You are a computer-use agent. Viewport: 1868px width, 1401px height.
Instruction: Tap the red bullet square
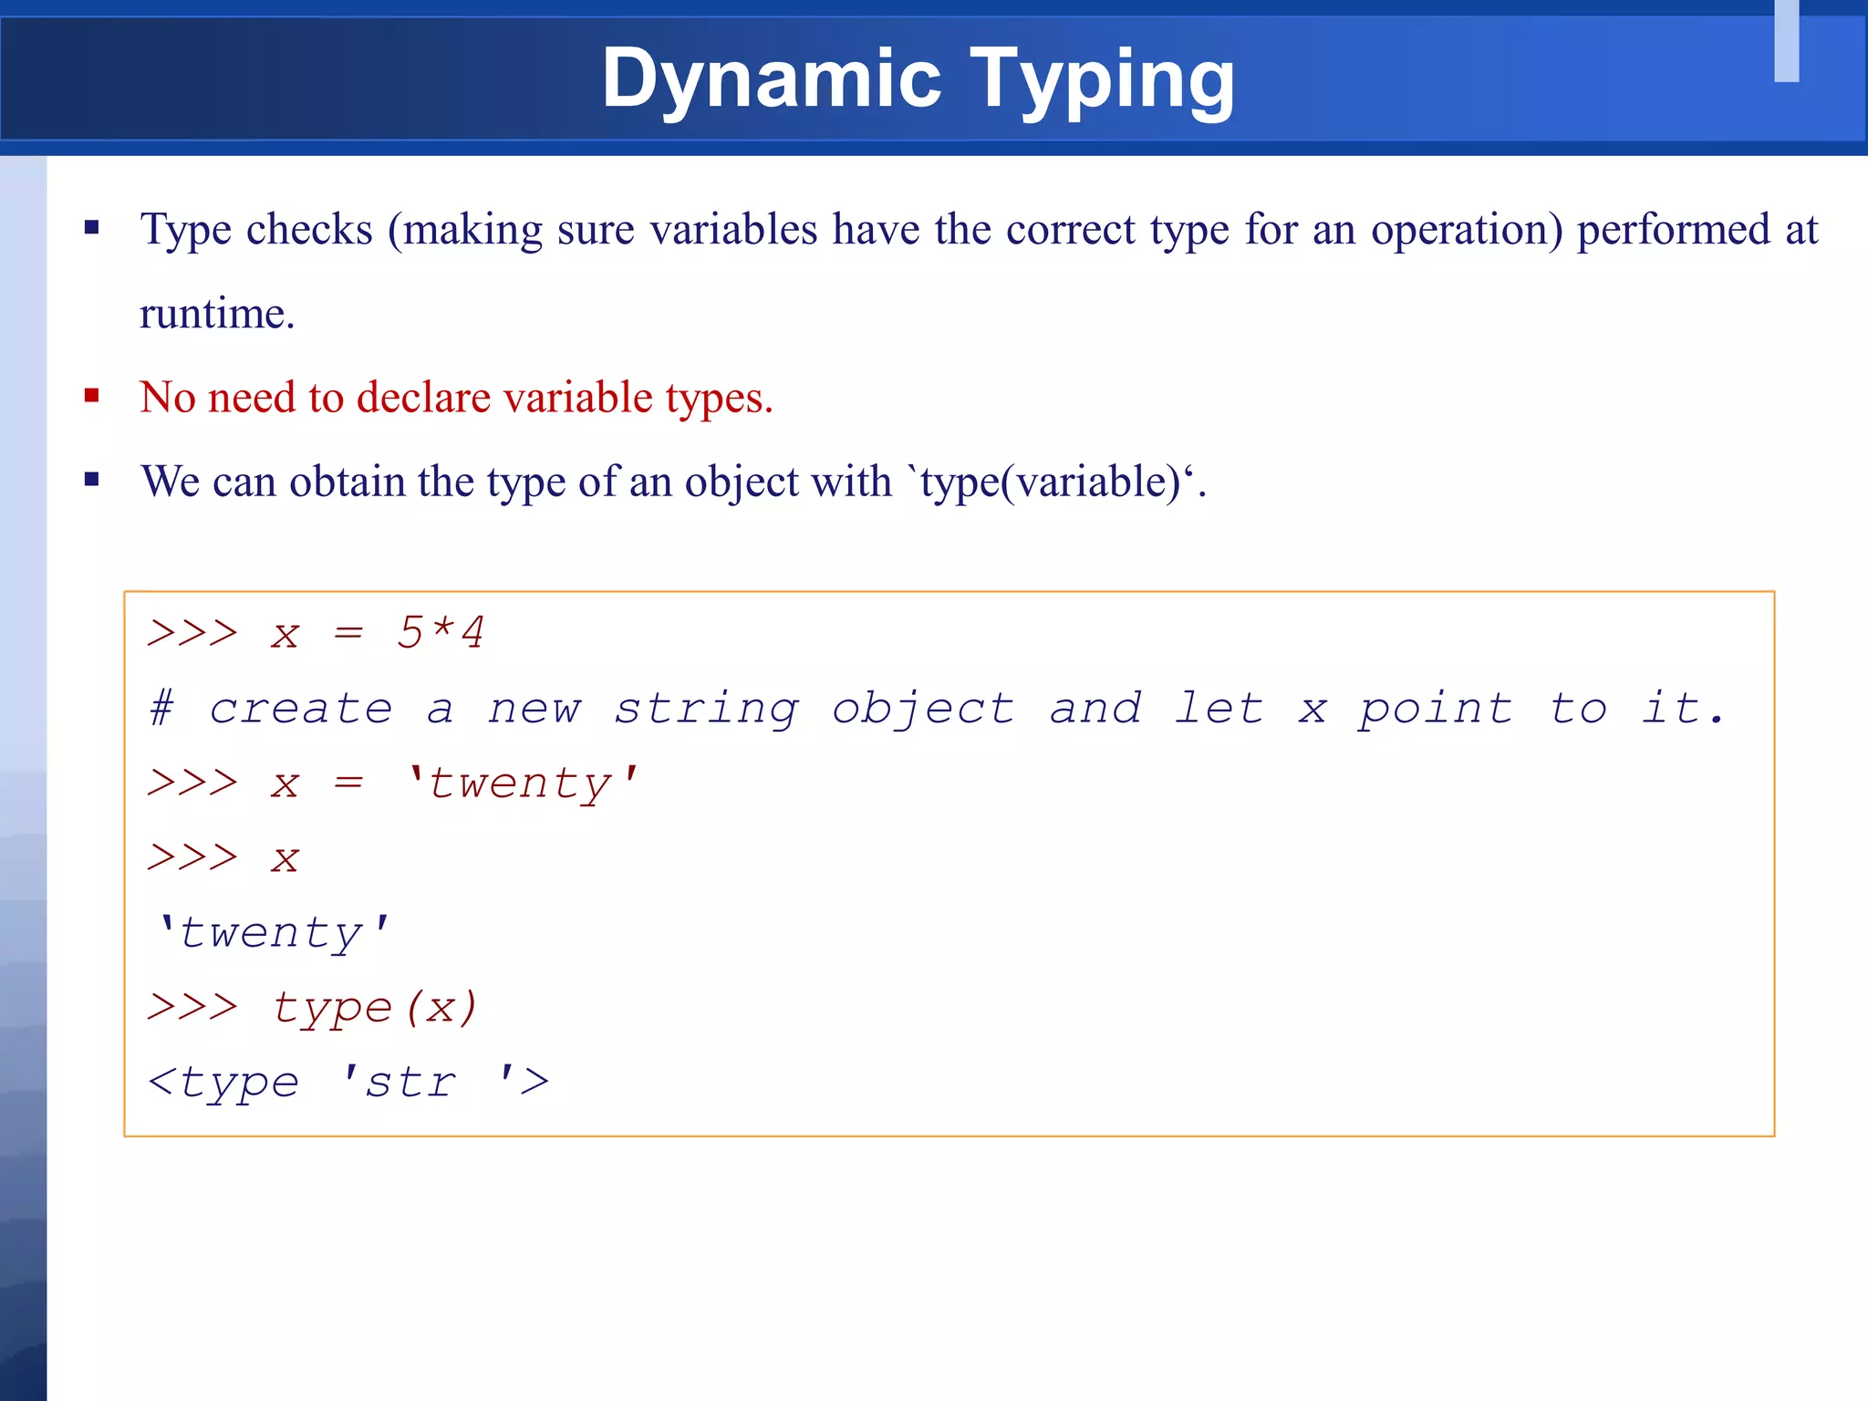click(91, 396)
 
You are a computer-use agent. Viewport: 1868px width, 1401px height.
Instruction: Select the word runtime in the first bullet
click(216, 314)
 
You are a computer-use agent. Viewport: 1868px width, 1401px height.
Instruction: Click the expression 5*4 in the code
click(441, 632)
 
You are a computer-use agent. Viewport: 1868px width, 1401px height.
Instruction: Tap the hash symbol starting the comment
click(162, 709)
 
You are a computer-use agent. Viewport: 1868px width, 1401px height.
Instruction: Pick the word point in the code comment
click(1435, 709)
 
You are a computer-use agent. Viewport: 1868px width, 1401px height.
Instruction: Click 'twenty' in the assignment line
click(523, 784)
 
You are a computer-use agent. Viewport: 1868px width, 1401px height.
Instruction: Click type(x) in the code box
click(375, 1008)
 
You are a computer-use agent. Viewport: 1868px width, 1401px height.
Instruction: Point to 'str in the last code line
click(399, 1083)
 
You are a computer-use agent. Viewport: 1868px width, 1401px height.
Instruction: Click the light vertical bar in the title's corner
click(1786, 41)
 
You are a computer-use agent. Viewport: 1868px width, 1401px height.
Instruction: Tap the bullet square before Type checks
click(91, 228)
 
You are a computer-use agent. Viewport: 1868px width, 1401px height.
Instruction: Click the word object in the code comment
click(922, 709)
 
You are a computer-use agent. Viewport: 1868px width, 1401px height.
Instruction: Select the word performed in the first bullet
click(1673, 230)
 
